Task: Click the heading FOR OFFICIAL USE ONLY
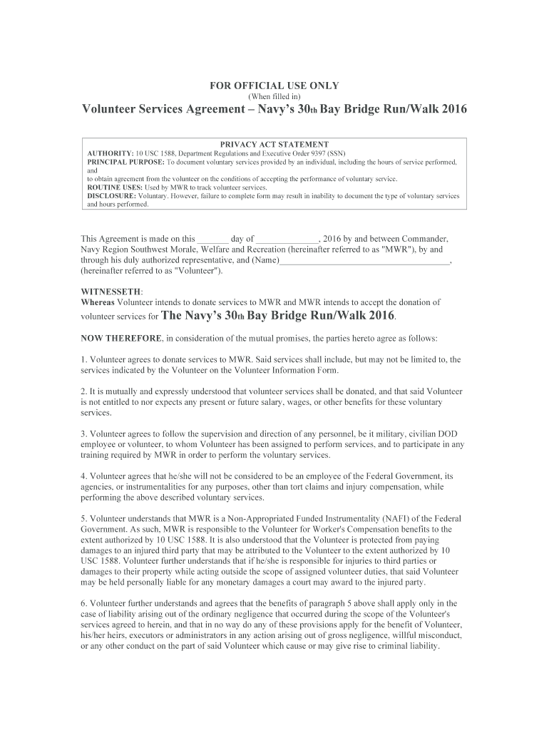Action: coord(274,86)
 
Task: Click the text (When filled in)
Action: coord(274,96)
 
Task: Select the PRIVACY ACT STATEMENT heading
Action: coord(274,144)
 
